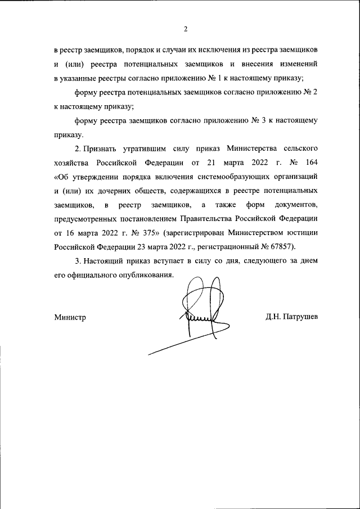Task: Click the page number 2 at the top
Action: tap(185, 29)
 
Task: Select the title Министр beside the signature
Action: tap(70, 317)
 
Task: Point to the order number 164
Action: tap(312, 164)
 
